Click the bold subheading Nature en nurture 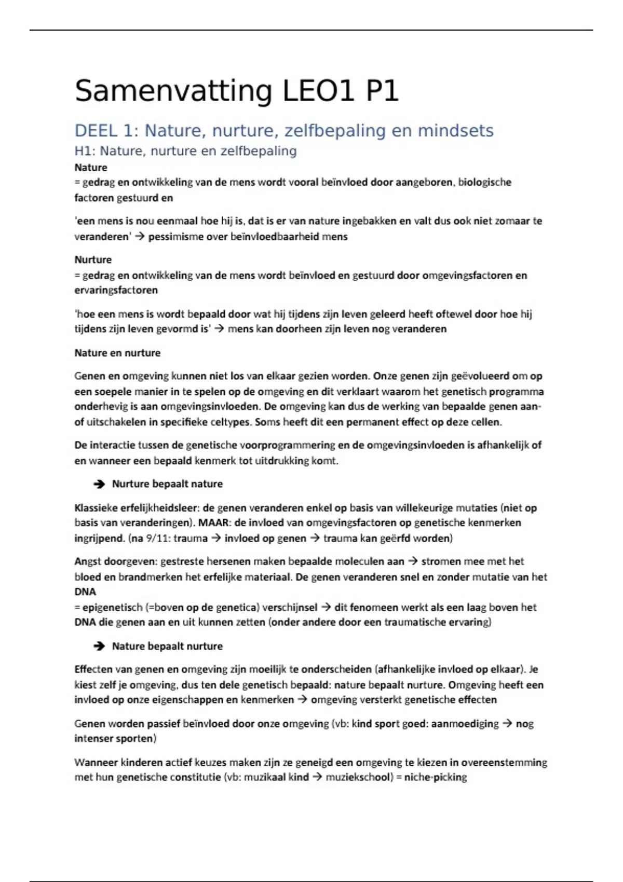117,353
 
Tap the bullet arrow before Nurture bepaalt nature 99,484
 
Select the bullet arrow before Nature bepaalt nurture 99,646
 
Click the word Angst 88,561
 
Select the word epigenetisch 112,607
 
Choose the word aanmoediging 465,724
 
